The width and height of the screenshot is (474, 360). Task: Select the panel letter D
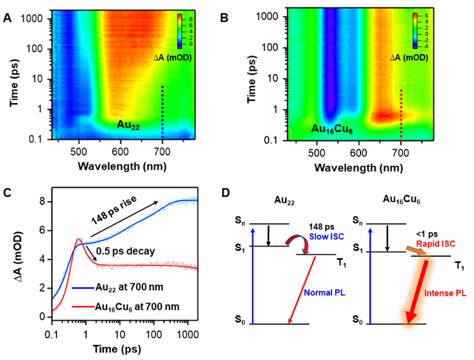(242, 193)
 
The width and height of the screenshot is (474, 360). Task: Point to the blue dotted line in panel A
(163, 111)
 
